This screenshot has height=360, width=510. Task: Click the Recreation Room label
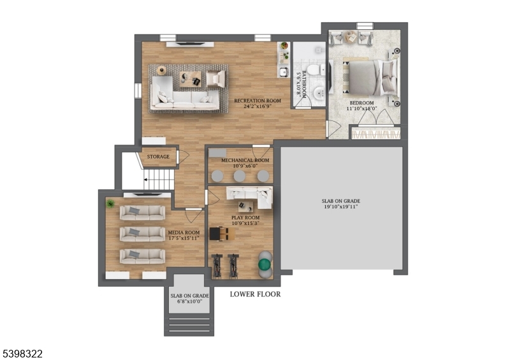click(x=258, y=101)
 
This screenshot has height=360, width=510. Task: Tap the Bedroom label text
click(x=361, y=103)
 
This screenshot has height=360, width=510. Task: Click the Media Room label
click(x=184, y=233)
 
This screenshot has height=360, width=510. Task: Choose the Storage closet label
click(x=158, y=157)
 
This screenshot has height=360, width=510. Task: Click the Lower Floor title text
click(x=255, y=294)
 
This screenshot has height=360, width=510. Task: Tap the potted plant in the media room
click(x=110, y=203)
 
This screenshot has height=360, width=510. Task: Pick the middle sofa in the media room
click(x=142, y=233)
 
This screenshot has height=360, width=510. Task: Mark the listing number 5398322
click(x=22, y=353)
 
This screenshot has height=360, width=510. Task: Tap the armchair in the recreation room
click(x=215, y=78)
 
